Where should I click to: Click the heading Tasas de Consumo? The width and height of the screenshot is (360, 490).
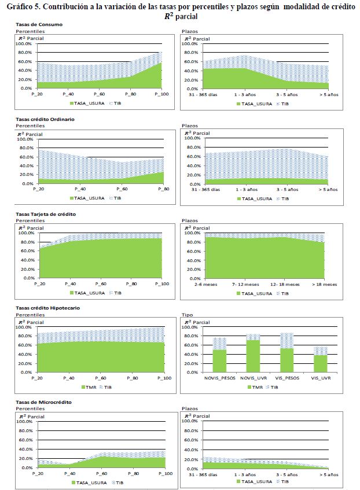39,24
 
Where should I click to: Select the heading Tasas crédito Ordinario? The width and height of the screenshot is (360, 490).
45,119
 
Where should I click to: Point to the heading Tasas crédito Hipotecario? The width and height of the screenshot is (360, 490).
47,308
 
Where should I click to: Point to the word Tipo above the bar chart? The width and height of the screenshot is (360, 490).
187,315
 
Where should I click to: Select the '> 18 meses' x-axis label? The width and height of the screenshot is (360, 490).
324,284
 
